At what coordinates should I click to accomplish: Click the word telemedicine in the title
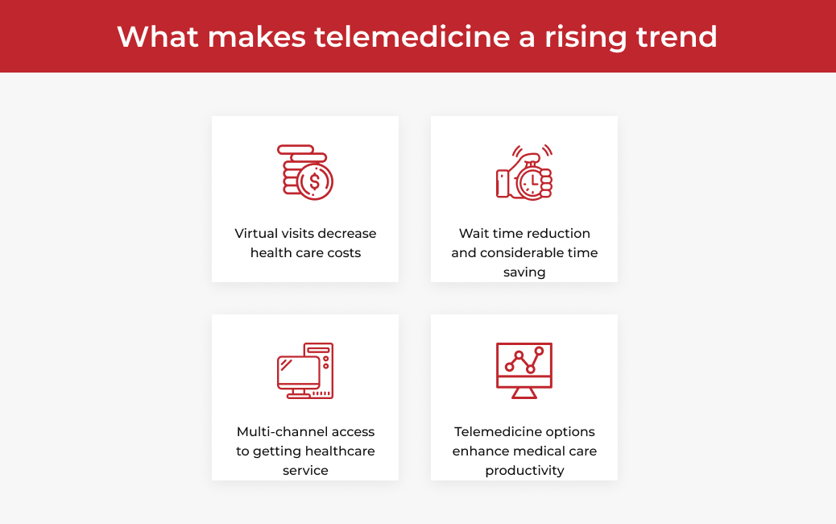click(412, 37)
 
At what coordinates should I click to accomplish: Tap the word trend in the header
click(677, 37)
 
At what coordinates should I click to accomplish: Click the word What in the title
click(158, 37)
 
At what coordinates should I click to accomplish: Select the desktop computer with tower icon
click(305, 371)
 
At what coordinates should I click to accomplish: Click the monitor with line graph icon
click(524, 371)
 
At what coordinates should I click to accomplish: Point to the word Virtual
click(256, 234)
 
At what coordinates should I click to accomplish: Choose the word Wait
click(474, 234)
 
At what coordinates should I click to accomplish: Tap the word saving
click(524, 272)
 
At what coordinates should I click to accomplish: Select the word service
click(305, 471)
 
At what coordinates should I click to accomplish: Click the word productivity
click(524, 471)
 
